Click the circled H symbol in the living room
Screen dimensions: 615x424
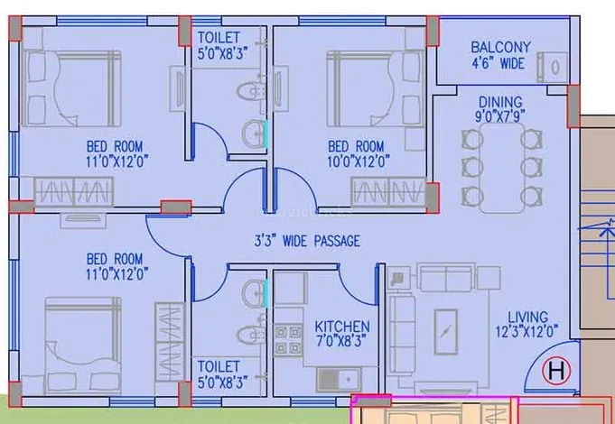[556, 370]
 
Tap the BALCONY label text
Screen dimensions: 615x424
[500, 48]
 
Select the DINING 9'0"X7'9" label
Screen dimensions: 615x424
[500, 109]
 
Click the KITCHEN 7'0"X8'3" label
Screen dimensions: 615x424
[342, 334]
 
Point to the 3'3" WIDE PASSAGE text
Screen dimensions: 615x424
[307, 241]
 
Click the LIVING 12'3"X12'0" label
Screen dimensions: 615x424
[526, 325]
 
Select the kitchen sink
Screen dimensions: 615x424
[339, 379]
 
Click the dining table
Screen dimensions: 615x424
[501, 168]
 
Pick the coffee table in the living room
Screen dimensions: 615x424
[445, 332]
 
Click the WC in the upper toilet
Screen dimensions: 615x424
[251, 91]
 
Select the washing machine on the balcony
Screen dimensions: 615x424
[553, 67]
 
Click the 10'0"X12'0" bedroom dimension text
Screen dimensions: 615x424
[359, 161]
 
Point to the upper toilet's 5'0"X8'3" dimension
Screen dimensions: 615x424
[222, 54]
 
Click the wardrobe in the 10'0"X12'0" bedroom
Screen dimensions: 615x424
[388, 191]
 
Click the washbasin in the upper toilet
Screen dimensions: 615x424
[254, 134]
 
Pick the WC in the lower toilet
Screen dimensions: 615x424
[251, 335]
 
